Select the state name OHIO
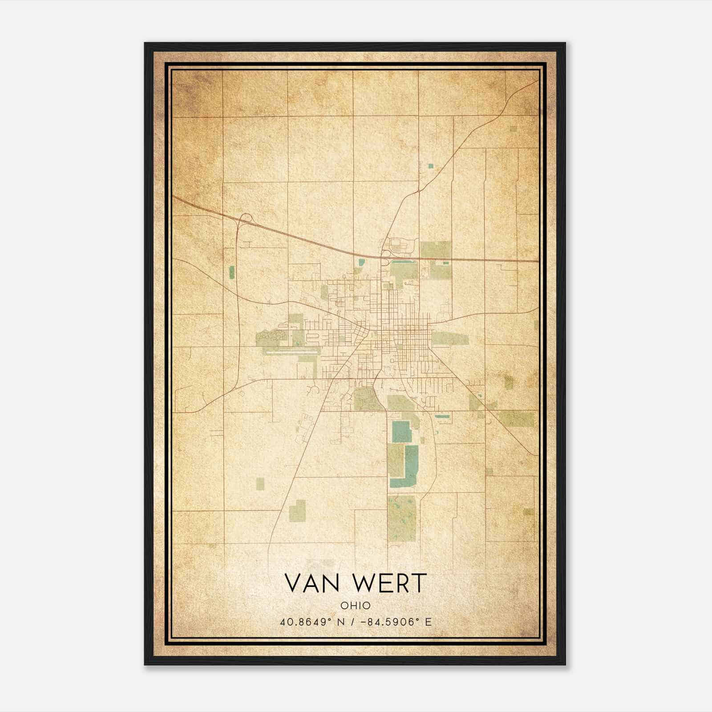(356, 605)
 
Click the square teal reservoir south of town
(401, 431)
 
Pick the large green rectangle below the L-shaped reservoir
(401, 518)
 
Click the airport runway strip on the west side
(291, 351)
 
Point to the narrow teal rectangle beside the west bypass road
(231, 272)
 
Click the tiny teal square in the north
(430, 166)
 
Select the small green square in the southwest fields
(259, 484)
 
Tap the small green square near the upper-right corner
(514, 129)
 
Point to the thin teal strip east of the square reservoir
(442, 417)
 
